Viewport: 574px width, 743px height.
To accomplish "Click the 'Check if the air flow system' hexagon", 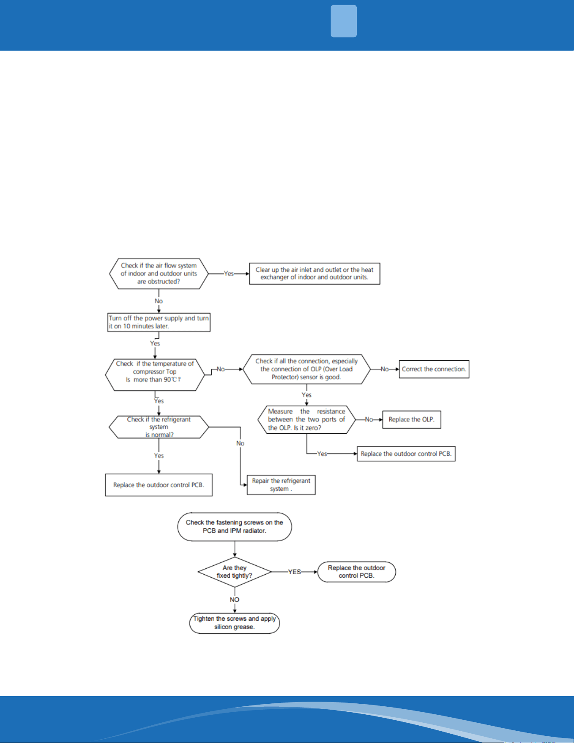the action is click(159, 273).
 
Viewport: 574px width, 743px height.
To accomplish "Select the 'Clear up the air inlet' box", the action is click(315, 273).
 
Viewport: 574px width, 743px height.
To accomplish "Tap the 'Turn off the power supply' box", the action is click(159, 322).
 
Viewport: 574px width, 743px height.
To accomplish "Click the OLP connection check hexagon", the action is click(307, 369).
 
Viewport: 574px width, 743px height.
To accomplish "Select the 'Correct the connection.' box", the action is click(434, 369).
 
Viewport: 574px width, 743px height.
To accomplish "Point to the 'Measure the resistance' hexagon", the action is click(307, 419).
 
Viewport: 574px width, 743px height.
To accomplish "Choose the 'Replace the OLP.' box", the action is click(412, 419).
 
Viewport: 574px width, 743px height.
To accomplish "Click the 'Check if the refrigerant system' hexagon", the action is click(159, 427).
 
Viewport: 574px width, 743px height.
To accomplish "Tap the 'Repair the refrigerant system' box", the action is click(281, 485).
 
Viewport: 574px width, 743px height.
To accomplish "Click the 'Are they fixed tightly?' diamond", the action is click(234, 572).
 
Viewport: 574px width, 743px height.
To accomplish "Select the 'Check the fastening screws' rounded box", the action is click(234, 527).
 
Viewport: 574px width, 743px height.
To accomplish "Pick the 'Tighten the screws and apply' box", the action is click(234, 623).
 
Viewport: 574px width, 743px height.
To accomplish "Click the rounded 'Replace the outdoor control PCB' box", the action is click(357, 572).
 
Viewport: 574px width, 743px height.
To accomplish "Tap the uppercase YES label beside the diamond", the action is click(294, 572).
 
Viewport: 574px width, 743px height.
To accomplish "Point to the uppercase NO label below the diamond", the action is click(234, 600).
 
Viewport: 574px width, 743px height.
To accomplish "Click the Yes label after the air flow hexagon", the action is click(229, 273).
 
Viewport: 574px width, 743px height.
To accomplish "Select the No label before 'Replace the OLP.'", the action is click(369, 419).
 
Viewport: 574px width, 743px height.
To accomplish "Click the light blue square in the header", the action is click(344, 21).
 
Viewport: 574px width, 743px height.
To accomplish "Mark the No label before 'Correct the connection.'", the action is click(385, 369).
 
